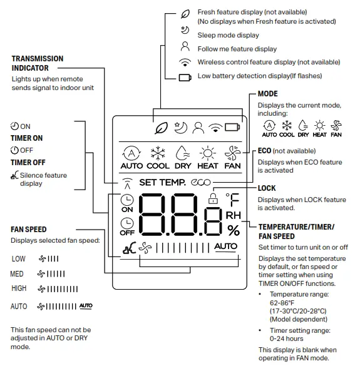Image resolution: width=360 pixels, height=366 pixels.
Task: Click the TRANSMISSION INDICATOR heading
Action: point(38,63)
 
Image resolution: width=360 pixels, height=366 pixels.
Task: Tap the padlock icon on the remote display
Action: point(212,198)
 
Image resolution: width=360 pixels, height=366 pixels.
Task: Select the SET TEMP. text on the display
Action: point(162,183)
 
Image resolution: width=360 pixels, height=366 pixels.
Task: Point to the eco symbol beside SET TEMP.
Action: point(202,183)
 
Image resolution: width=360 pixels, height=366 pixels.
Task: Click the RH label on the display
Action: point(233,216)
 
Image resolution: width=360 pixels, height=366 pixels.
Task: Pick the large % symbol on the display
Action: point(233,231)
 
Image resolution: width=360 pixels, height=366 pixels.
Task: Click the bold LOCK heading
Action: point(267,188)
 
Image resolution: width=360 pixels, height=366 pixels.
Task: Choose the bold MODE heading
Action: point(268,94)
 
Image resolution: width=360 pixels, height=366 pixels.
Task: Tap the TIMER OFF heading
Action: point(27,163)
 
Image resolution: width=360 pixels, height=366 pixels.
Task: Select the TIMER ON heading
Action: point(26,138)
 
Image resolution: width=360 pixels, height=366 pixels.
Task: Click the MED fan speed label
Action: point(17,273)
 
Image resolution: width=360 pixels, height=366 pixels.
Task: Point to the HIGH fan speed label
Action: point(19,288)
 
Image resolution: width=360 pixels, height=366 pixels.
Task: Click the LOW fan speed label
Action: point(18,258)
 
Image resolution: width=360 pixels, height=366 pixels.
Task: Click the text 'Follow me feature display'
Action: point(237,49)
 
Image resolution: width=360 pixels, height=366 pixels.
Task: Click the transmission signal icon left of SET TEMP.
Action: point(127,183)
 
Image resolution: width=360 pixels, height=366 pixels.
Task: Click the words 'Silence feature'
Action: point(43,176)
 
